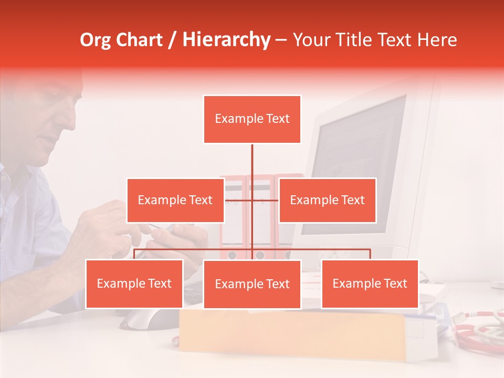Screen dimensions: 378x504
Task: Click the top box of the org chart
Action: pyautogui.click(x=252, y=119)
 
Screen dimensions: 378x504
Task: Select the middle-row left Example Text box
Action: pyautogui.click(x=175, y=200)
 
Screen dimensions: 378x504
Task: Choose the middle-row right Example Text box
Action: pyautogui.click(x=327, y=200)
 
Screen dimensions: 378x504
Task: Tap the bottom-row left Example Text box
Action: pyautogui.click(x=134, y=283)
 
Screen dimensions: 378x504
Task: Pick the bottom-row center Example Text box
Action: pyautogui.click(x=252, y=284)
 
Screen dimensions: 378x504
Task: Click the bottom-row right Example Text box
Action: pyautogui.click(x=370, y=283)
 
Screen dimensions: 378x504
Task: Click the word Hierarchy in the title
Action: pyautogui.click(x=226, y=39)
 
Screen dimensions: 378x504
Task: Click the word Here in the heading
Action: pyautogui.click(x=437, y=40)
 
